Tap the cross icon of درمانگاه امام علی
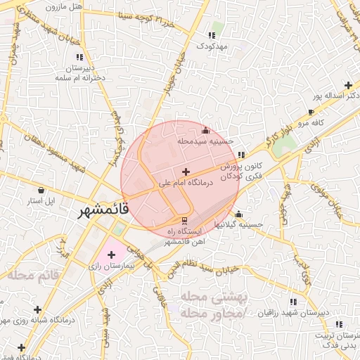pos(186,172)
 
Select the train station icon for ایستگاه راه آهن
pos(185,220)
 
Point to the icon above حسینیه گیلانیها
pos(238,214)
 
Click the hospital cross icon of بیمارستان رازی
pos(112,254)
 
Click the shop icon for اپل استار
pos(41,190)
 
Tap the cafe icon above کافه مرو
pos(311,112)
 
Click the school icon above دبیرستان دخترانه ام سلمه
pos(79,57)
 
